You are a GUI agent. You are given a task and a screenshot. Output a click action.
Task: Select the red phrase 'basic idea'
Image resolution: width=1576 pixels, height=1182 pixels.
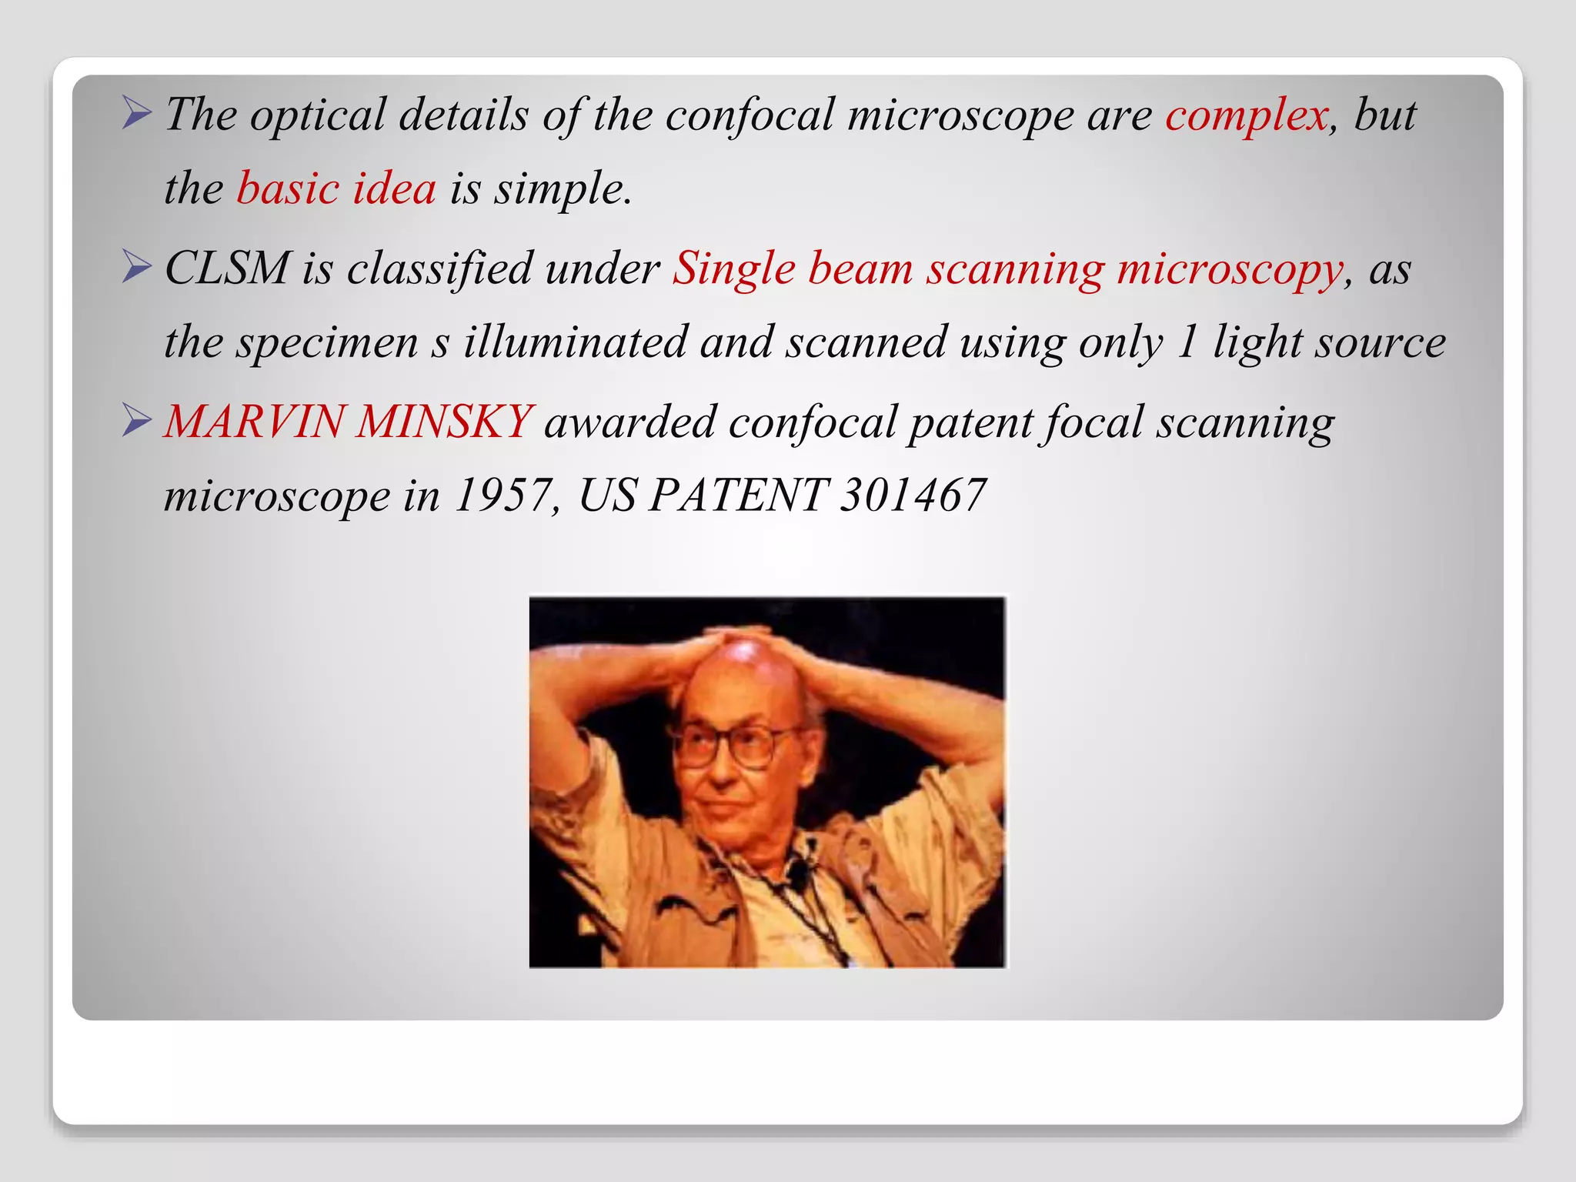click(336, 189)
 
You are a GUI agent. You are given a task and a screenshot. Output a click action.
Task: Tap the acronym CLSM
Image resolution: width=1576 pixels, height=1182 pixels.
click(227, 269)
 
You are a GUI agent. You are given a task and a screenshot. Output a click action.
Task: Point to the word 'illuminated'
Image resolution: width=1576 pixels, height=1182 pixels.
click(575, 342)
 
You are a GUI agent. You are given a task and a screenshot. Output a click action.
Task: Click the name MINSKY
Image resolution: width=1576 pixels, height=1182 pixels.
click(444, 422)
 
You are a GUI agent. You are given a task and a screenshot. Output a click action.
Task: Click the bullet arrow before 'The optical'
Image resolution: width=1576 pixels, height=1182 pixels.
click(136, 114)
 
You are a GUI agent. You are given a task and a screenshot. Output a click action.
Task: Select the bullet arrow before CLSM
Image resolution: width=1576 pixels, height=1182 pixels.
click(136, 268)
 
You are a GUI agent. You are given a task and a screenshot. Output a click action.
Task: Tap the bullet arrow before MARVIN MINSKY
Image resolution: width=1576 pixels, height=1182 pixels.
click(136, 422)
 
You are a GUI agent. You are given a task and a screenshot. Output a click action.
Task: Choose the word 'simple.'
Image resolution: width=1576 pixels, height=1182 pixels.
click(563, 189)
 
